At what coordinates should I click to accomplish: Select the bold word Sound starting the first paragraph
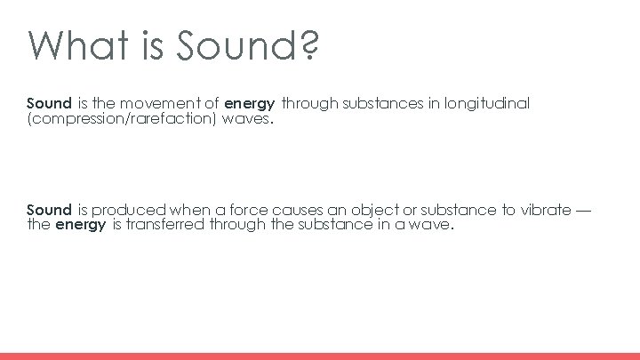tap(49, 104)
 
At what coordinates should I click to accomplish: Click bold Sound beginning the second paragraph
tap(49, 211)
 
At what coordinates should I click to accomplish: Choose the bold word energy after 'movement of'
tap(249, 105)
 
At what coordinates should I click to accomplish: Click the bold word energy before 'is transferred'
tap(81, 226)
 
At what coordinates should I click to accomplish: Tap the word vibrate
tap(543, 211)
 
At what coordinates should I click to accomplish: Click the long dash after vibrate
tap(583, 211)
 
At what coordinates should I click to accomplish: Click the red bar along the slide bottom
tap(320, 356)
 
